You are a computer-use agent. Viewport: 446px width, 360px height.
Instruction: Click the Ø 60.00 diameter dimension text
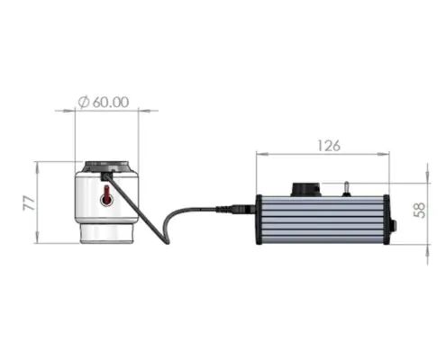coord(104,102)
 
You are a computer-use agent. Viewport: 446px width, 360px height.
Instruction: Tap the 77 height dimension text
coord(30,203)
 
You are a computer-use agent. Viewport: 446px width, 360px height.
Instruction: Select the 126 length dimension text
coord(329,146)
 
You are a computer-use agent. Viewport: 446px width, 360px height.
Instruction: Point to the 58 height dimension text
coord(420,211)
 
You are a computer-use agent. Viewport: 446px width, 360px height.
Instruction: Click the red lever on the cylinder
coord(106,195)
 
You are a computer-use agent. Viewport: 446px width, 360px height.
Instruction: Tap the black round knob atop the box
coord(305,189)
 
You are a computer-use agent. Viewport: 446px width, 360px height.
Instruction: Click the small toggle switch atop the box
coord(346,189)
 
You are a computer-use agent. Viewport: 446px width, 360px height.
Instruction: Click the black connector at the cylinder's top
coord(106,175)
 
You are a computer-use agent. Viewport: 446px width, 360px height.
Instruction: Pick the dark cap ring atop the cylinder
coord(106,166)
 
